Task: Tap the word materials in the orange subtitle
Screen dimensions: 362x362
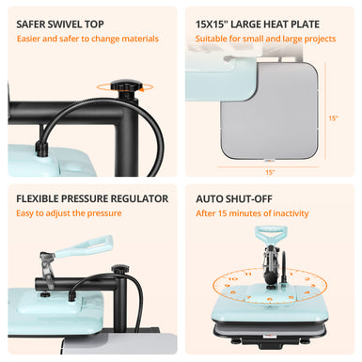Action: pos(140,39)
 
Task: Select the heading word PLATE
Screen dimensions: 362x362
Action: pos(306,24)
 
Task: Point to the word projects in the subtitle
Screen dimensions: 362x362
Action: pos(320,39)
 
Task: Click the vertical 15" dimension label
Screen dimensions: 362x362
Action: pos(333,118)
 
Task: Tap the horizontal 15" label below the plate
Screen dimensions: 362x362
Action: pos(270,172)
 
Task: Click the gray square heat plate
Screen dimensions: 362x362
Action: pos(270,111)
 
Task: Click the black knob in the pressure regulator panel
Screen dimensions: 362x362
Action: pos(120,269)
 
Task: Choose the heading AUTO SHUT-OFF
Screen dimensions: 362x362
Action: pos(234,199)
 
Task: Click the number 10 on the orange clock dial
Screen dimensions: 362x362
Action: pos(233,278)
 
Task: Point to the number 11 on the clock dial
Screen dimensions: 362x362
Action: pos(248,275)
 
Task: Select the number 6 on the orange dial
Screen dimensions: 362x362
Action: pos(270,299)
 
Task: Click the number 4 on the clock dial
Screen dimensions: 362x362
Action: pos(307,292)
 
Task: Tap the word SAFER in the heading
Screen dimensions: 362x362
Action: pos(29,24)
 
